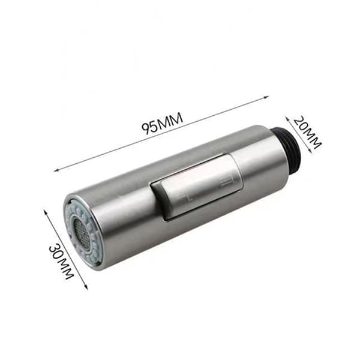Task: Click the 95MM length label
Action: [x=162, y=123]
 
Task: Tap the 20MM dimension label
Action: [x=307, y=133]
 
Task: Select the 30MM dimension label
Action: [x=61, y=262]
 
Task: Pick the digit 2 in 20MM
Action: [x=298, y=122]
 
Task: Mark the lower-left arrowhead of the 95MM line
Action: [x=56, y=170]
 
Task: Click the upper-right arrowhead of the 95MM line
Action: [x=266, y=97]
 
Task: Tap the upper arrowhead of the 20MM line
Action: [x=287, y=118]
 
